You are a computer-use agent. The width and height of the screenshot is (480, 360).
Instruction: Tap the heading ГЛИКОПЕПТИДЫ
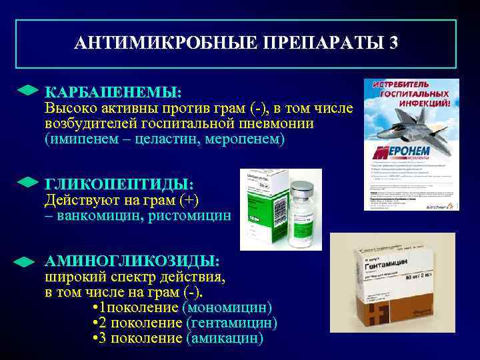119,184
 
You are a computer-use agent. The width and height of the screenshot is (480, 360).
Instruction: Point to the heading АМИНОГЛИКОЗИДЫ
131,261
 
